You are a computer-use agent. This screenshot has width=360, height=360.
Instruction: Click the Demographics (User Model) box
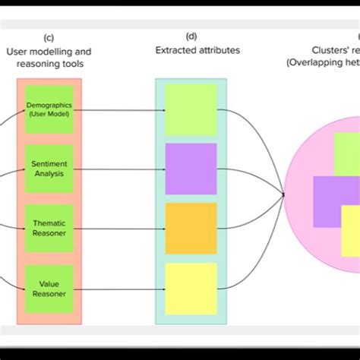[49, 109]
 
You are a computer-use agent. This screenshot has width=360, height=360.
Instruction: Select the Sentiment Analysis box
[49, 169]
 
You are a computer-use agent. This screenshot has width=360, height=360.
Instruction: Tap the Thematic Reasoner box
[49, 228]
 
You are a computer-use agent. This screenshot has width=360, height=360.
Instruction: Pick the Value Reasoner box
[49, 288]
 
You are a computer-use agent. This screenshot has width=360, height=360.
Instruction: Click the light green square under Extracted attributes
[191, 109]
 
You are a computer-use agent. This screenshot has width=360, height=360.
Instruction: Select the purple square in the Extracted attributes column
[191, 169]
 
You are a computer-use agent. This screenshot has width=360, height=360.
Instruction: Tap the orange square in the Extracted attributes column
[191, 228]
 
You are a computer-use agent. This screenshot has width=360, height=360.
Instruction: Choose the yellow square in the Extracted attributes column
[191, 288]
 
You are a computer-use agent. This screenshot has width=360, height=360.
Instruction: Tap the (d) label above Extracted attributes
[191, 36]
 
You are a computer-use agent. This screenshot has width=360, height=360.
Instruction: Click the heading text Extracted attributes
[191, 50]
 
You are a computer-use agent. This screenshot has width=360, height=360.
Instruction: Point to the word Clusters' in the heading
[308, 51]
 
